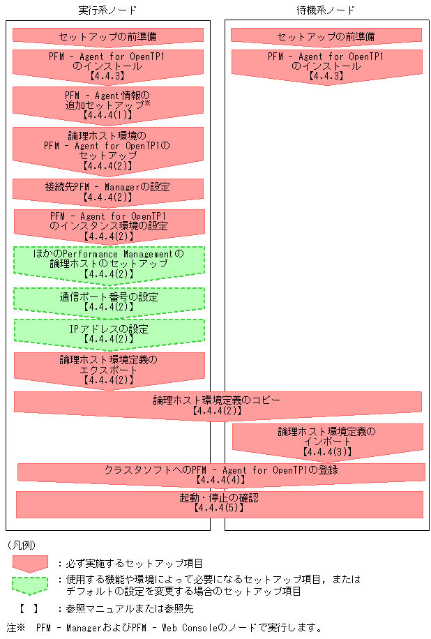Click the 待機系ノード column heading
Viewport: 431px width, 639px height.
[326, 10]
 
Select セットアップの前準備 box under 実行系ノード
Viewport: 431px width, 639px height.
[107, 36]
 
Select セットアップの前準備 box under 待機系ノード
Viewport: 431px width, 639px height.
[326, 36]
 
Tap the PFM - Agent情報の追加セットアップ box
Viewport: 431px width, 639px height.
[107, 102]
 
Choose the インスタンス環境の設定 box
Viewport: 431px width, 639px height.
[108, 225]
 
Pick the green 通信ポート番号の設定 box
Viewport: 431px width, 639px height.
[108, 301]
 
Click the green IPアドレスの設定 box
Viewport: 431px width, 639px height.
[108, 333]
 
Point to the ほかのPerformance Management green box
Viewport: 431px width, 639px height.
[108, 264]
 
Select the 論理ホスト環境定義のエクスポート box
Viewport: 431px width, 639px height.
[108, 370]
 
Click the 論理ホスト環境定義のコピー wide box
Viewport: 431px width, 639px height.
[217, 405]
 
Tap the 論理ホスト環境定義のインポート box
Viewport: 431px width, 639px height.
[326, 441]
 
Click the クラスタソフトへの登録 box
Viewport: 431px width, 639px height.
[220, 474]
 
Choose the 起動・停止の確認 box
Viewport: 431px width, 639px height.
[219, 503]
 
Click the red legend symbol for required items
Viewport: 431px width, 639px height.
[29, 563]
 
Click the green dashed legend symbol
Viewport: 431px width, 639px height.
[29, 585]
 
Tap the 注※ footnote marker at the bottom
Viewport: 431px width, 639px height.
[15, 627]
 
